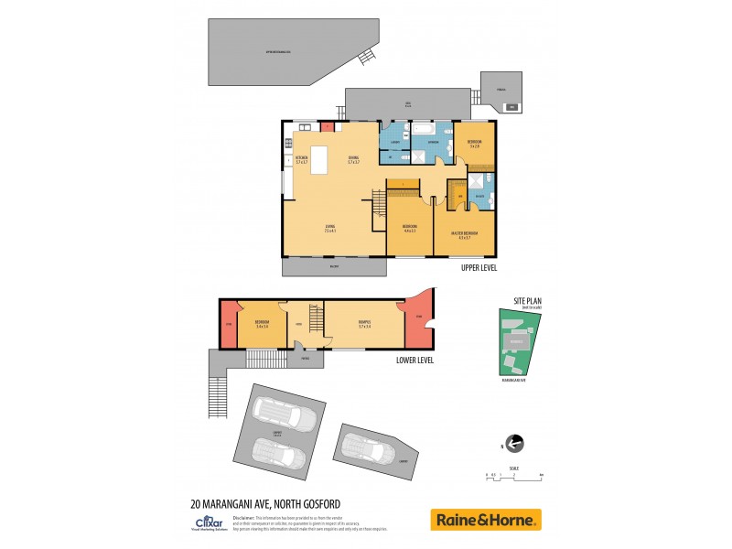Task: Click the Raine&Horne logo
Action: pyautogui.click(x=486, y=520)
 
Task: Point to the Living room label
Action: pyautogui.click(x=329, y=228)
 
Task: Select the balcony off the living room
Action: pyautogui.click(x=334, y=267)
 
